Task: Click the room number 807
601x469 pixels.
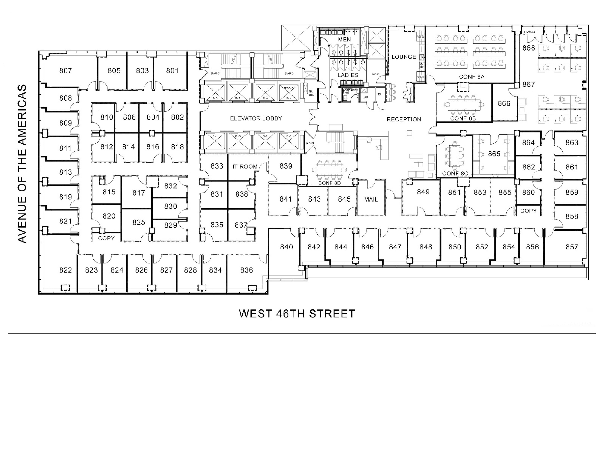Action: (65, 71)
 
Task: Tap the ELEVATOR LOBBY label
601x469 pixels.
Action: (256, 118)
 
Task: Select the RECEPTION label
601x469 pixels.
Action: (404, 119)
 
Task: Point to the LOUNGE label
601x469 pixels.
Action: (404, 57)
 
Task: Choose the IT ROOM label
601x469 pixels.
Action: (245, 167)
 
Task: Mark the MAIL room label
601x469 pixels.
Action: (371, 200)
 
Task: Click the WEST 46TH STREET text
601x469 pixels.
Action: (297, 314)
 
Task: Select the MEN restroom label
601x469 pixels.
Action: (344, 40)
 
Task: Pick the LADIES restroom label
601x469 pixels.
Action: (348, 75)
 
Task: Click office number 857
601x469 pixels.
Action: (572, 247)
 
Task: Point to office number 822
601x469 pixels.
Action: (65, 270)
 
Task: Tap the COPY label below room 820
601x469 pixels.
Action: (106, 238)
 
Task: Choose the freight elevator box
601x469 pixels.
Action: (288, 93)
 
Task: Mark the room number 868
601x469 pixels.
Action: (529, 48)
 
